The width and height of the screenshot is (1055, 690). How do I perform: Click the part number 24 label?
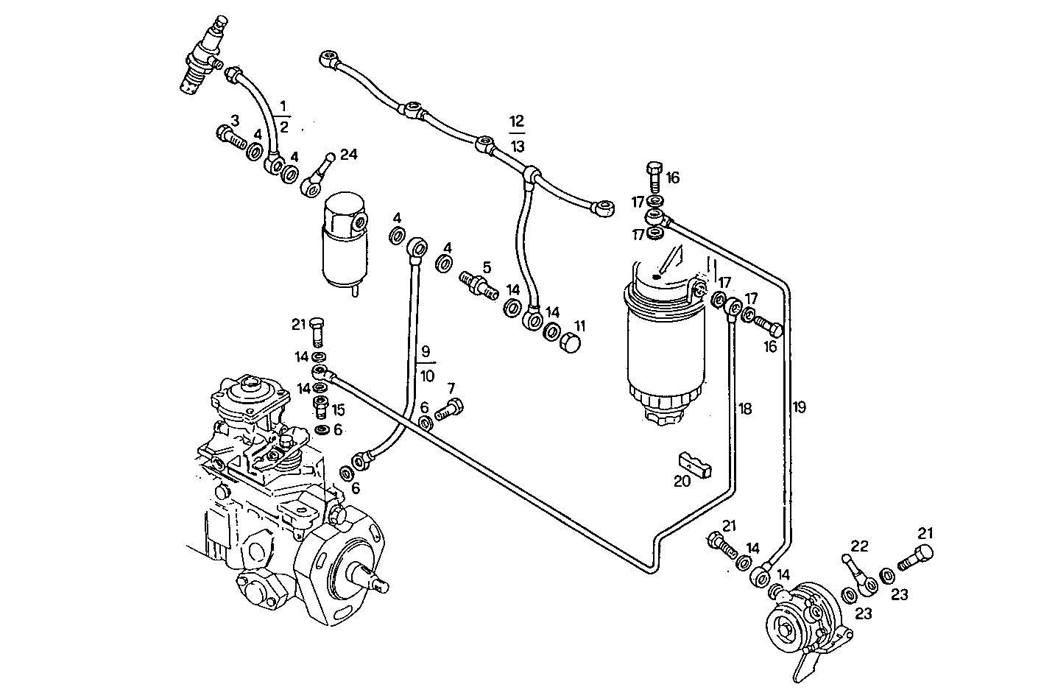pyautogui.click(x=348, y=154)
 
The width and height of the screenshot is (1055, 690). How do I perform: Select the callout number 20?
pyautogui.click(x=682, y=481)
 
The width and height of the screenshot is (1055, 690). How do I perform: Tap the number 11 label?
pyautogui.click(x=580, y=325)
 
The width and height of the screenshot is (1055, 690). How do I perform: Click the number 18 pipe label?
pyautogui.click(x=744, y=408)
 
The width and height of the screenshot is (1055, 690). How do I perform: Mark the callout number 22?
pyautogui.click(x=859, y=546)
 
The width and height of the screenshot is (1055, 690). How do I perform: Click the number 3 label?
pyautogui.click(x=235, y=120)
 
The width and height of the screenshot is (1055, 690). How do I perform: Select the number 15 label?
pyautogui.click(x=338, y=409)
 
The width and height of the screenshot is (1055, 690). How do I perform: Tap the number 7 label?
pyautogui.click(x=451, y=387)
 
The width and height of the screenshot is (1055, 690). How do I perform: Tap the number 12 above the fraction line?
pyautogui.click(x=517, y=121)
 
